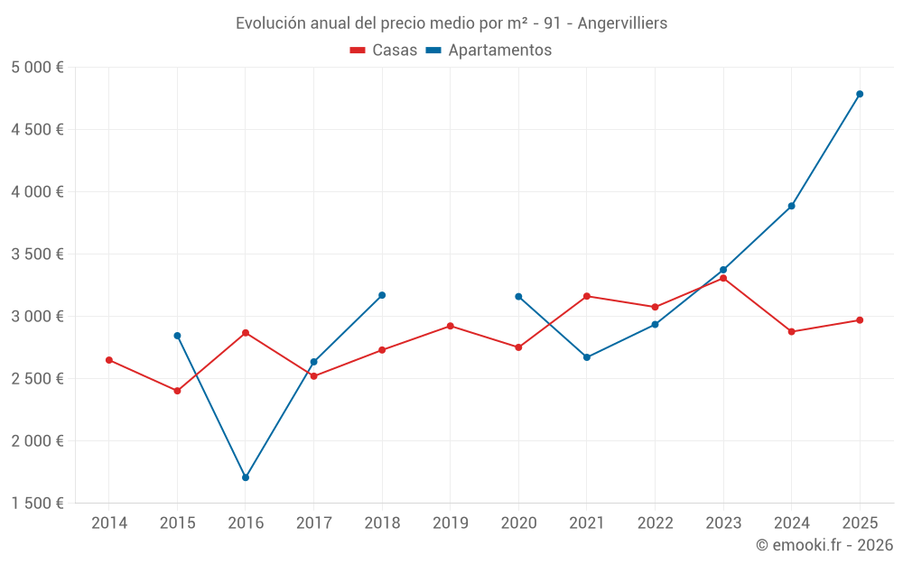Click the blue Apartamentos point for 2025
point(860,94)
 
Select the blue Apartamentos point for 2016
point(246,477)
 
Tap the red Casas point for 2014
point(109,360)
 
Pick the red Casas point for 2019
point(451,326)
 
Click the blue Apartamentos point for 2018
point(382,295)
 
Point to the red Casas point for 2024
point(791,332)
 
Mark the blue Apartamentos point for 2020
point(518,296)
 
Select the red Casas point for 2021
point(587,296)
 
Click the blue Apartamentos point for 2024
point(791,206)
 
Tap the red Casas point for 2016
point(246,333)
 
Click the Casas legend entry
point(385,51)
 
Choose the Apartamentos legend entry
point(489,51)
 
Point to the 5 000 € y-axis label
point(37,68)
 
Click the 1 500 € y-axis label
point(37,504)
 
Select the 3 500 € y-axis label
point(37,254)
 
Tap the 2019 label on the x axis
point(451,523)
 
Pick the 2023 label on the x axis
point(723,523)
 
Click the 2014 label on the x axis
point(109,523)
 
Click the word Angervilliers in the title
point(622,23)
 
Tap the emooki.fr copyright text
point(824,545)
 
